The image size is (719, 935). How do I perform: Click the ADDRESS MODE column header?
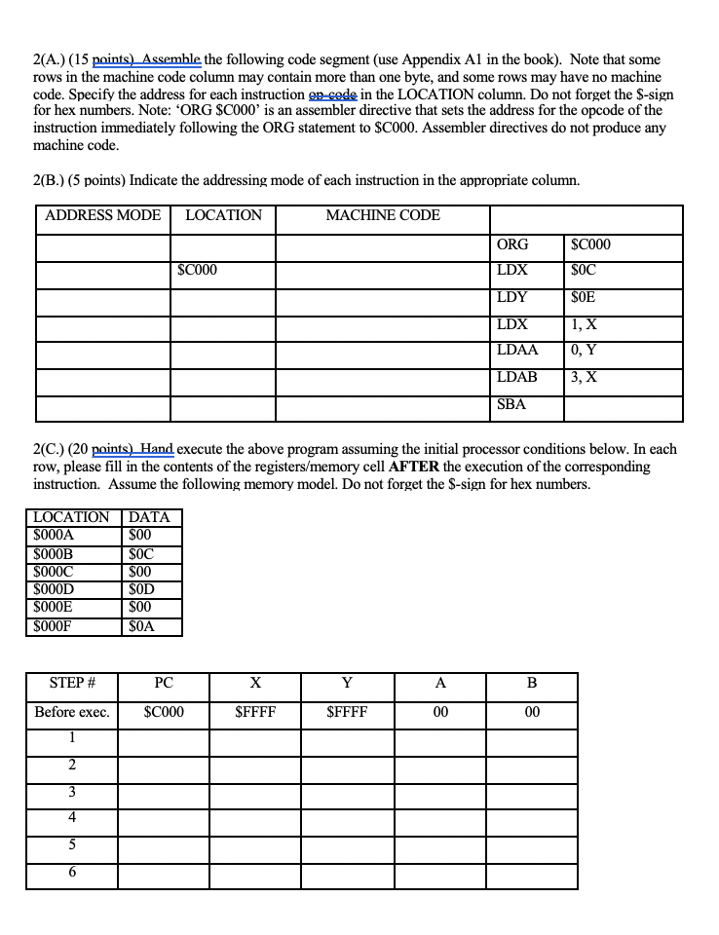click(103, 215)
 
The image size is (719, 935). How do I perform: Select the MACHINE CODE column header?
click(382, 215)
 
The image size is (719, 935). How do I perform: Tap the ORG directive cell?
click(512, 244)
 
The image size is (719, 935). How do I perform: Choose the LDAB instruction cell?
click(517, 377)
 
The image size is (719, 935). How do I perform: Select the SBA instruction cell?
click(511, 403)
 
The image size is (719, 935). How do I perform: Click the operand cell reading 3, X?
click(585, 377)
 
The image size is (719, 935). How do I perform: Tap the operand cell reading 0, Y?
click(585, 351)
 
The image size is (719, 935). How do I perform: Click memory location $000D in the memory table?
click(54, 588)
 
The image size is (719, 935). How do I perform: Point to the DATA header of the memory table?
click(149, 517)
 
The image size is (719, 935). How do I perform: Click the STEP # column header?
click(70, 683)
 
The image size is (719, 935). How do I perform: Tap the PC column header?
click(163, 683)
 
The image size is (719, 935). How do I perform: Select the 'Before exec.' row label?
click(71, 712)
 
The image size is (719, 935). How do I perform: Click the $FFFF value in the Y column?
click(347, 712)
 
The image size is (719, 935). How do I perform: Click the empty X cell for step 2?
click(255, 765)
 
